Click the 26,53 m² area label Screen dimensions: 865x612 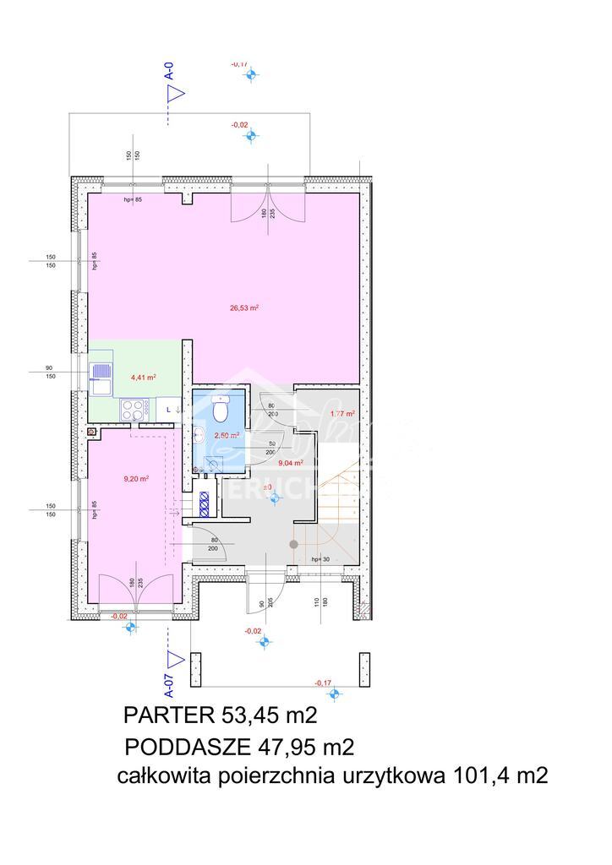coord(243,308)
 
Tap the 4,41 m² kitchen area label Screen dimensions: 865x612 coord(142,378)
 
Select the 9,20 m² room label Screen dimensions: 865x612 coord(136,478)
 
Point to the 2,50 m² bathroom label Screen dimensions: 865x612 coord(227,435)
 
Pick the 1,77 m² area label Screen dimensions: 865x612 coord(340,414)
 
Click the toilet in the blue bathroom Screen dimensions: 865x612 coord(220,410)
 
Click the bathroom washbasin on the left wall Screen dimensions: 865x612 coord(198,434)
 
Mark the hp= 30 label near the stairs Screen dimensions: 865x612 coord(320,560)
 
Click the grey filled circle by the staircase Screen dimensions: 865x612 coord(293,545)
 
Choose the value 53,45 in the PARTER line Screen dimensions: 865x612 coord(251,716)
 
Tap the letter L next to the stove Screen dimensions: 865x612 coord(167,410)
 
